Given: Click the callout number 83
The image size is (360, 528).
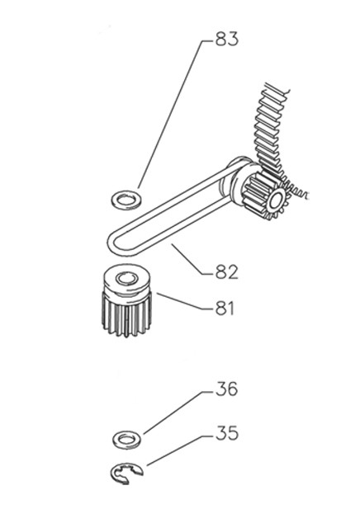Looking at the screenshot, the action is pos(226,39).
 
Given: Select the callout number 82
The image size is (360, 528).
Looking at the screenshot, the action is pos(226,272).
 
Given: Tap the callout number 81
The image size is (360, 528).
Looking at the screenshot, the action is pos(225,308).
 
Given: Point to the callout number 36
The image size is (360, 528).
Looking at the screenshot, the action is pos(226,389).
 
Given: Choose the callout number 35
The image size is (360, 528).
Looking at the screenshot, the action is pos(226,433).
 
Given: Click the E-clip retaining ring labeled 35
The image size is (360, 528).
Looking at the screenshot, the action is pos(117,473).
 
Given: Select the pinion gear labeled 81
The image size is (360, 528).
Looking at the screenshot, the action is pos(126,300).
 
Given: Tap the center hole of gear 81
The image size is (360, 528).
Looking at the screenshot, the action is pos(126,279).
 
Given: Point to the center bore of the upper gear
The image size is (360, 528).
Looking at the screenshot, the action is pos(277,201).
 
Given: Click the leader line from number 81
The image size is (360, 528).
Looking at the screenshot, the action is pos(186,301).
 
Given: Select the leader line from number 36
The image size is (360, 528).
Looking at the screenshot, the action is pos(178,412).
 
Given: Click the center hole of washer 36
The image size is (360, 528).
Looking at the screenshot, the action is pos(126,439).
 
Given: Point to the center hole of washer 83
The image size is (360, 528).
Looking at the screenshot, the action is pos(126,200).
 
